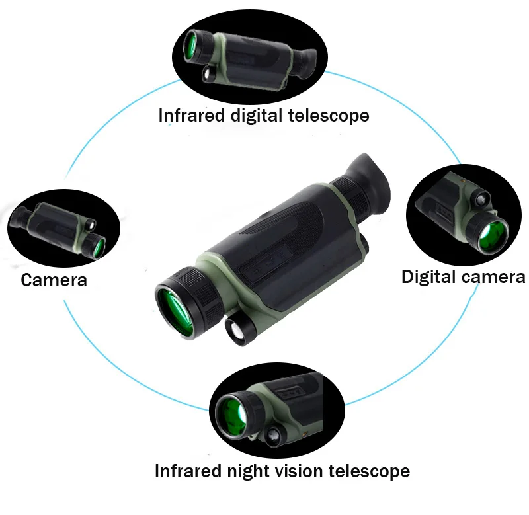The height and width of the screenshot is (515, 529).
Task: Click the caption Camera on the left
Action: coord(54,280)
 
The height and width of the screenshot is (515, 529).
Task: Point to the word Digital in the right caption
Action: coord(430,276)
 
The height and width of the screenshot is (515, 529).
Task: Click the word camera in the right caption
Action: coord(494,277)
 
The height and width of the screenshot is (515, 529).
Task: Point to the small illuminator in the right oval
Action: coord(479,196)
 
